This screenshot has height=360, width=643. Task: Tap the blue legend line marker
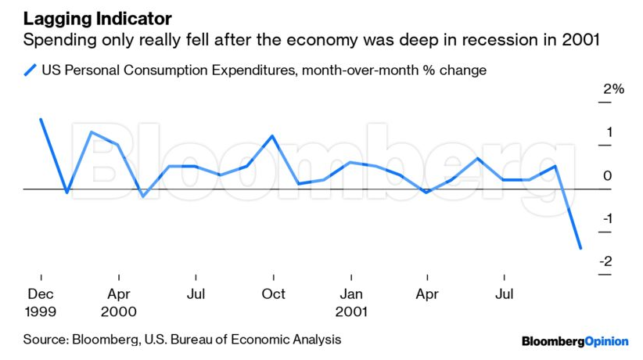click(x=31, y=70)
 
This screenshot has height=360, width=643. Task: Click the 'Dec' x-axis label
click(x=41, y=294)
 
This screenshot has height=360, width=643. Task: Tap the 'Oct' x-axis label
click(x=273, y=294)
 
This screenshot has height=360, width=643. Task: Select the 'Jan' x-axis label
click(x=351, y=294)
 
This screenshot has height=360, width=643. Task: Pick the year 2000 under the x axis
click(x=119, y=311)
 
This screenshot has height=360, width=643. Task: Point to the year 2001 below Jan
click(x=351, y=311)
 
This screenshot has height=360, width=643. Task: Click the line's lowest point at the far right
click(x=580, y=249)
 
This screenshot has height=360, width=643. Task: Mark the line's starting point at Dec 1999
click(x=41, y=119)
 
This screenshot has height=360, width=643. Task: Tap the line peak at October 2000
click(x=272, y=136)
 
